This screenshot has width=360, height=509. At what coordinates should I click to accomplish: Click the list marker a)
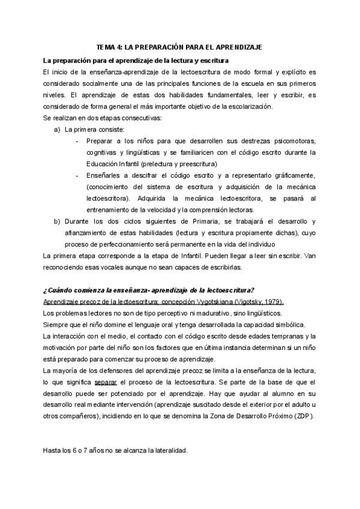pos(57,129)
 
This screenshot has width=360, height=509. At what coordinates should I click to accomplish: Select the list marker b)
pos(57,221)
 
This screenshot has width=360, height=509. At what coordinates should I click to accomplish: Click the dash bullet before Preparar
pos(77,141)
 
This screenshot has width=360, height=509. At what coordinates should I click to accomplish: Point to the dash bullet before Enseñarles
pos(77,175)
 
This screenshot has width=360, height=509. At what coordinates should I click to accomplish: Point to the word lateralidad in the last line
pos(170,450)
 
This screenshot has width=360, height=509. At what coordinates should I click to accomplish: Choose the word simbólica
pos(255,324)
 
